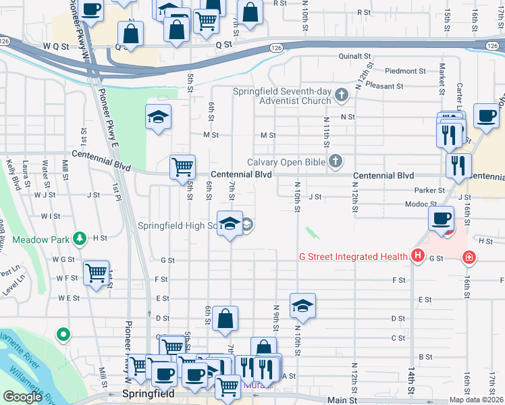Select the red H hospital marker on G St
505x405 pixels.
418,256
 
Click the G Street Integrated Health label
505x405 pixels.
354,256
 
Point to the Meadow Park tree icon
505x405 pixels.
80,238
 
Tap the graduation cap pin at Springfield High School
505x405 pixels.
230,223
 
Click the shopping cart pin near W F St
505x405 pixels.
96,273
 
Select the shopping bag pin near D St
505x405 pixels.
225,319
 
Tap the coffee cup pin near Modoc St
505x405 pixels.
442,219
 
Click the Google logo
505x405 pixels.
22,397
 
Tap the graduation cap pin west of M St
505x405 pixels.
158,117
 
